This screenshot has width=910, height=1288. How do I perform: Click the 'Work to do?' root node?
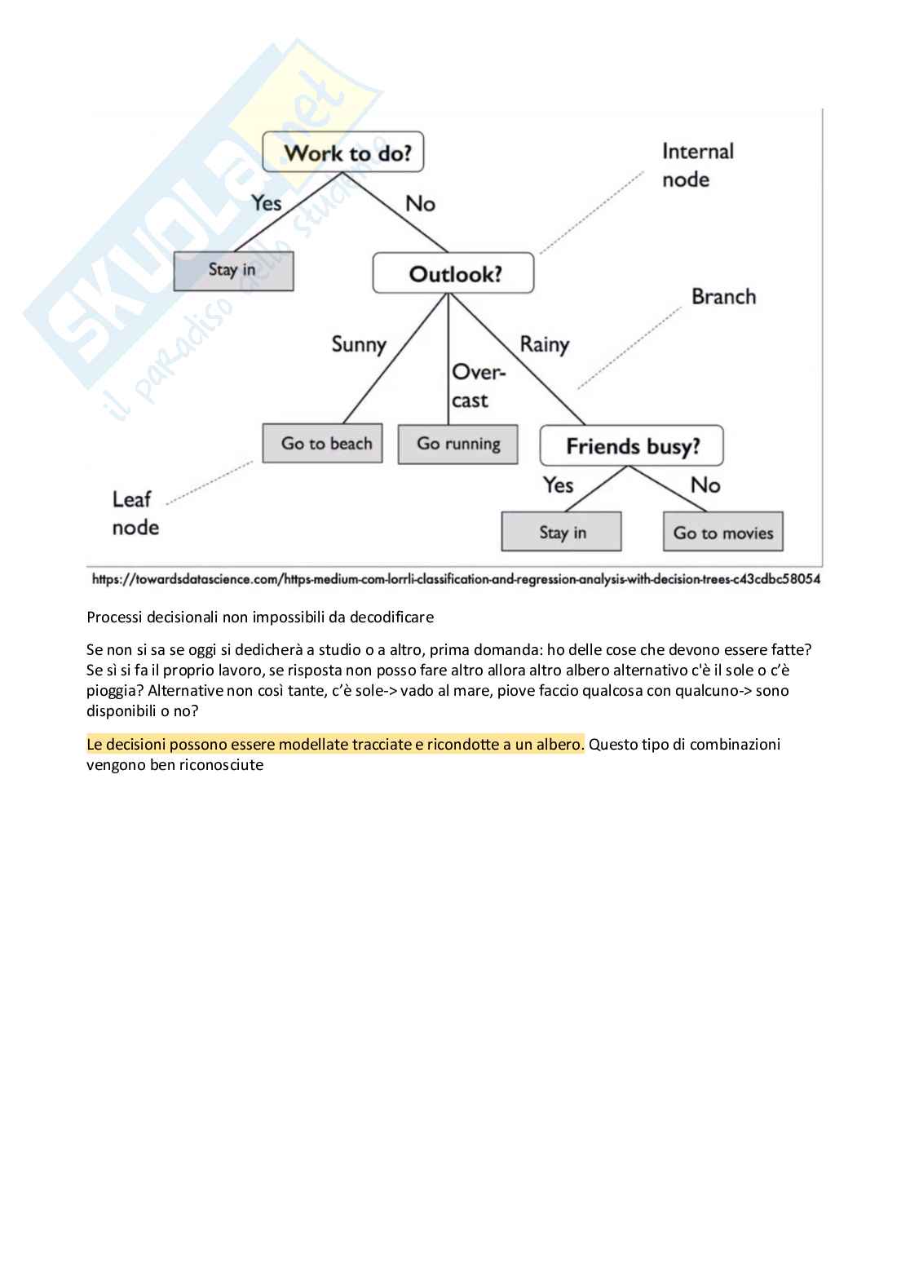(343, 153)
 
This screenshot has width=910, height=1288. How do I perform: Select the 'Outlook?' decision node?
(453, 273)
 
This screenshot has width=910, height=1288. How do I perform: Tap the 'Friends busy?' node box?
(632, 446)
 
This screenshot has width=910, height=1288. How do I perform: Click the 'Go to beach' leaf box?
(323, 444)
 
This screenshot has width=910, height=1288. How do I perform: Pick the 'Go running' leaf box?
(458, 444)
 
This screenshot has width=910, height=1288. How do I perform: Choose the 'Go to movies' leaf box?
(723, 533)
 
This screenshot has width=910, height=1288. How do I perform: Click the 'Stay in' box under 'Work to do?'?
(233, 270)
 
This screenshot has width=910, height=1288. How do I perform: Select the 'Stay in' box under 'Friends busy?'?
(562, 533)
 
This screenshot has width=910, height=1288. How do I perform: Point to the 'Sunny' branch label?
(359, 344)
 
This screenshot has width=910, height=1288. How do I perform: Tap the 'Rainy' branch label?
(544, 344)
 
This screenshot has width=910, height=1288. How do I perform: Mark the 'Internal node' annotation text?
(697, 166)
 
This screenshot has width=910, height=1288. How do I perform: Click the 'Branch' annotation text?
(723, 297)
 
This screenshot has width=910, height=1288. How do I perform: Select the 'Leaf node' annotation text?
(135, 513)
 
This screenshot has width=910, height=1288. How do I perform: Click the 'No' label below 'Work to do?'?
(420, 204)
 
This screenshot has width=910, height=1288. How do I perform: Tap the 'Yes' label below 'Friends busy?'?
(559, 485)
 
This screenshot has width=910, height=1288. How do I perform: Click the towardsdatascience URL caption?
(456, 579)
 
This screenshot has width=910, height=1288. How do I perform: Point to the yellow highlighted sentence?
(335, 745)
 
